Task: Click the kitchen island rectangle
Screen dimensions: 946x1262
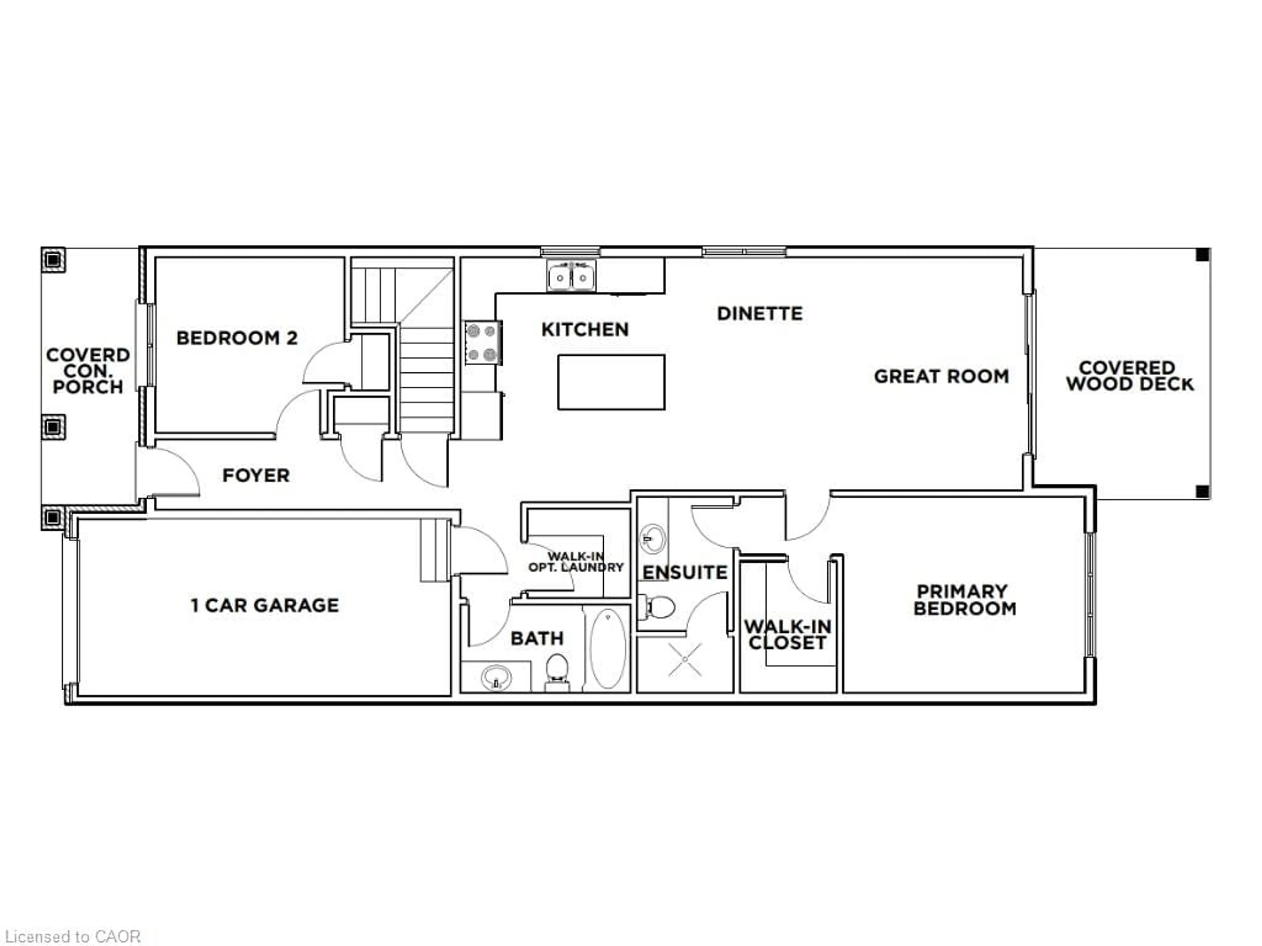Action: pyautogui.click(x=611, y=382)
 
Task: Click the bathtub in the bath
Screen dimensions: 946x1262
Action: pyautogui.click(x=608, y=648)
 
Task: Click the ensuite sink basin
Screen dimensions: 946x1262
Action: pyautogui.click(x=653, y=538)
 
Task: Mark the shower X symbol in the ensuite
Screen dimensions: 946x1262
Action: pyautogui.click(x=685, y=660)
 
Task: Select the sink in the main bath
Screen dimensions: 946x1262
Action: pyautogui.click(x=496, y=678)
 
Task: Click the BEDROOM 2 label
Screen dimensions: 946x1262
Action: pyautogui.click(x=237, y=338)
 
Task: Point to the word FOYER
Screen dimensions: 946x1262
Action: pyautogui.click(x=256, y=475)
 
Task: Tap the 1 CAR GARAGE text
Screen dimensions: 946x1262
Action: pyautogui.click(x=265, y=605)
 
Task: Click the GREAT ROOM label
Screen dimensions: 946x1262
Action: pyautogui.click(x=941, y=376)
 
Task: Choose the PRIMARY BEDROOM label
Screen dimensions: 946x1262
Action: pyautogui.click(x=964, y=600)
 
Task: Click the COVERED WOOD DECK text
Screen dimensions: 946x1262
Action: pyautogui.click(x=1129, y=376)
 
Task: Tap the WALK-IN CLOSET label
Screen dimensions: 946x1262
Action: pyautogui.click(x=787, y=635)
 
